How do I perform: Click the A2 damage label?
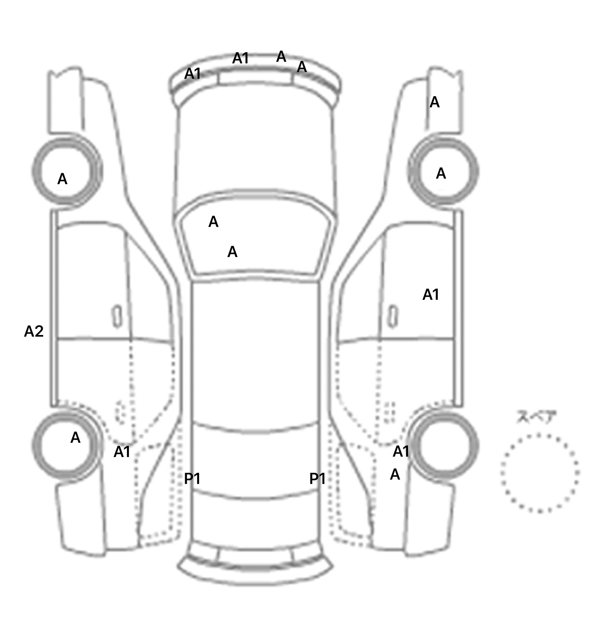[34, 331]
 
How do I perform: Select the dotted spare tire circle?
[540, 473]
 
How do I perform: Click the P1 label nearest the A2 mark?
[192, 479]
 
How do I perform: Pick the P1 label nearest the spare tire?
[317, 479]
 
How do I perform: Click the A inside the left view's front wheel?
[62, 179]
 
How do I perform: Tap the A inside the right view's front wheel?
[441, 173]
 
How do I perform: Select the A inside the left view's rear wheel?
[75, 438]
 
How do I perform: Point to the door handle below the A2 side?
[117, 317]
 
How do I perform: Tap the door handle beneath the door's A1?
[393, 317]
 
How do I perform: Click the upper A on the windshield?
[213, 222]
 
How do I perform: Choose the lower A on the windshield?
[232, 252]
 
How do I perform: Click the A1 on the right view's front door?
[431, 295]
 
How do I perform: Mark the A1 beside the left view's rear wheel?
[122, 452]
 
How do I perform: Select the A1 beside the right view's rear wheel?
[401, 451]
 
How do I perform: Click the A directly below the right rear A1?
[395, 474]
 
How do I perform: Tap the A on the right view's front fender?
[435, 103]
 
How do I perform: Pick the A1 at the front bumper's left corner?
[193, 74]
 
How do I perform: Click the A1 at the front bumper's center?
[240, 59]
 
